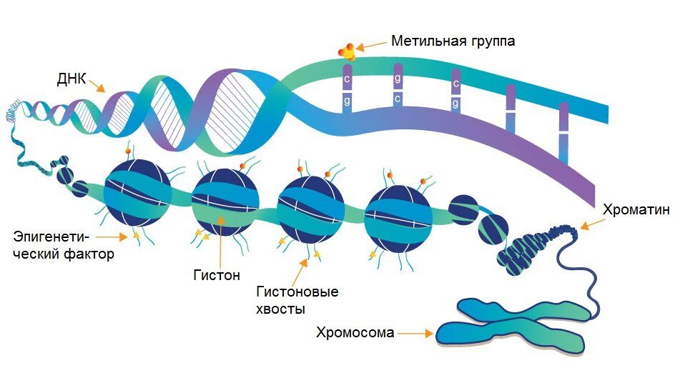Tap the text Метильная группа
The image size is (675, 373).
click(453, 41)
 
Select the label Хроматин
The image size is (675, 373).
click(636, 210)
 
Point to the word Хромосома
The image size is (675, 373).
click(355, 333)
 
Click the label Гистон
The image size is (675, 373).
click(216, 274)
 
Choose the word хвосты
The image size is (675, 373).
click(282, 309)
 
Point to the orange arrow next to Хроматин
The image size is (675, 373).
click(590, 224)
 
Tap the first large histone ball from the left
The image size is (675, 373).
click(136, 195)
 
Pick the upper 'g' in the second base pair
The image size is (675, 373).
click(398, 78)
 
